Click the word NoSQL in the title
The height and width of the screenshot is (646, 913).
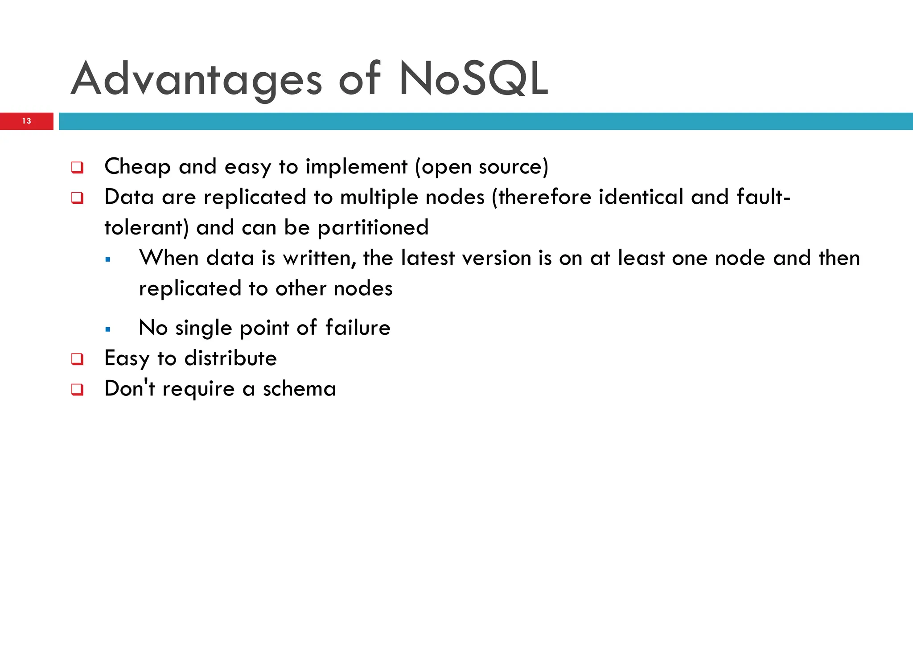pyautogui.click(x=473, y=79)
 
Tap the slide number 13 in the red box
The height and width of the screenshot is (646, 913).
pyautogui.click(x=26, y=121)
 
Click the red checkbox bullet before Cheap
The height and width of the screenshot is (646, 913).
pyautogui.click(x=77, y=168)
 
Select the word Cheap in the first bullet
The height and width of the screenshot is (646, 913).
pyautogui.click(x=137, y=167)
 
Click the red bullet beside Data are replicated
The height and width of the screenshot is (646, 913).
pyautogui.click(x=77, y=198)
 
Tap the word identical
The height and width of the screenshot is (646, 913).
pyautogui.click(x=641, y=197)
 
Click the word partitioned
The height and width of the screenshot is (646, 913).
pyautogui.click(x=373, y=228)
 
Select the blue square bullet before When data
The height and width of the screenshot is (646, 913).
pyautogui.click(x=107, y=260)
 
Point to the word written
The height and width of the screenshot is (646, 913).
pyautogui.click(x=318, y=259)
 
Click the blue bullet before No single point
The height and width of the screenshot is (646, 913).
pyautogui.click(x=107, y=330)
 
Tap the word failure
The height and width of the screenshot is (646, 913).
pyautogui.click(x=358, y=328)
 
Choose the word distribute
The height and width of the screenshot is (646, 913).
pyautogui.click(x=230, y=358)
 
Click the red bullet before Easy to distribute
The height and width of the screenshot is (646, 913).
pyautogui.click(x=77, y=359)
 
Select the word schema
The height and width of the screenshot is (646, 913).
pyautogui.click(x=299, y=389)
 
